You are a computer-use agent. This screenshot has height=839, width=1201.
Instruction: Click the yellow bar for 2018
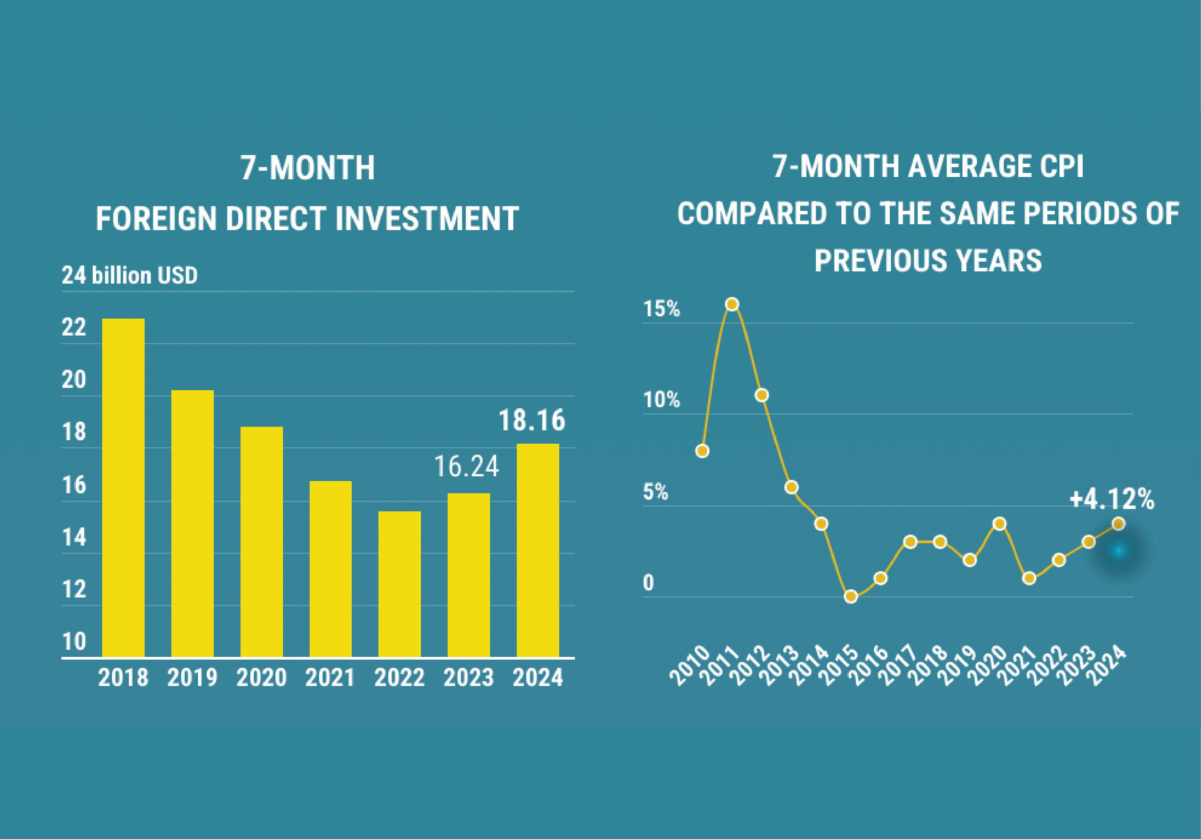123,487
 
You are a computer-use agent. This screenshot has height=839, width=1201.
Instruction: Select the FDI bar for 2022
399,584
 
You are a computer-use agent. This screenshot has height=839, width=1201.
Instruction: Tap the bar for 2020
262,542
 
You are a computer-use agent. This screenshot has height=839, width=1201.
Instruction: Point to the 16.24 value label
466,467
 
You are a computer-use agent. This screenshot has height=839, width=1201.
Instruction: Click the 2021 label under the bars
330,678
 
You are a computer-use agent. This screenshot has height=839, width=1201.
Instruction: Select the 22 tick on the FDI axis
74,328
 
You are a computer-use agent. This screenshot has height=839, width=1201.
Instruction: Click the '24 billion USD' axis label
129,275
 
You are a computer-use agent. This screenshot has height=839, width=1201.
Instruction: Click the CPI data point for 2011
732,304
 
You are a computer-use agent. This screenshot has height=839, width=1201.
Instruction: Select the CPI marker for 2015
851,596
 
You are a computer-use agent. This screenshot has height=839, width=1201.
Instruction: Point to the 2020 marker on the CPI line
1000,524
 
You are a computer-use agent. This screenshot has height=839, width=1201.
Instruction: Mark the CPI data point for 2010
703,451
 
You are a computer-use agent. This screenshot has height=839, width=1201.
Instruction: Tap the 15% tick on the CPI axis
661,309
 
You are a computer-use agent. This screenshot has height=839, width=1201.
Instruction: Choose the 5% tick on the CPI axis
656,492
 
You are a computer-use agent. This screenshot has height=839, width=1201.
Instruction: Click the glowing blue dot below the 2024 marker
1119,551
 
